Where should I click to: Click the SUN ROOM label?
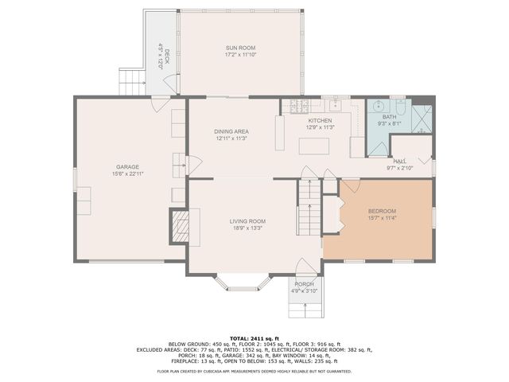coord(240,48)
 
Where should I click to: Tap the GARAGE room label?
coord(127,166)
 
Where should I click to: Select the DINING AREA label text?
coord(231,131)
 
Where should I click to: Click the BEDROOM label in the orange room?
coord(382,211)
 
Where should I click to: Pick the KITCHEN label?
coord(321,120)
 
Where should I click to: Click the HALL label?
coord(400,161)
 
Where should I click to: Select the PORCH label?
coord(304,284)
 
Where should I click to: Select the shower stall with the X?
coord(422,118)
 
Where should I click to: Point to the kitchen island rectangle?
coord(314,146)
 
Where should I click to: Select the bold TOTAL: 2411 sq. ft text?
coord(254,339)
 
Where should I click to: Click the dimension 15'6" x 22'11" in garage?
coord(127,173)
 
